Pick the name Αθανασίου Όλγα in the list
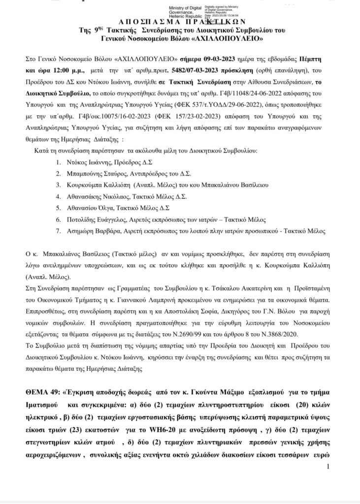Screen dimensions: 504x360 pyautogui.click(x=93, y=208)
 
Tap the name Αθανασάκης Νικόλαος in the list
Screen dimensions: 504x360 pyautogui.click(x=100, y=196)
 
